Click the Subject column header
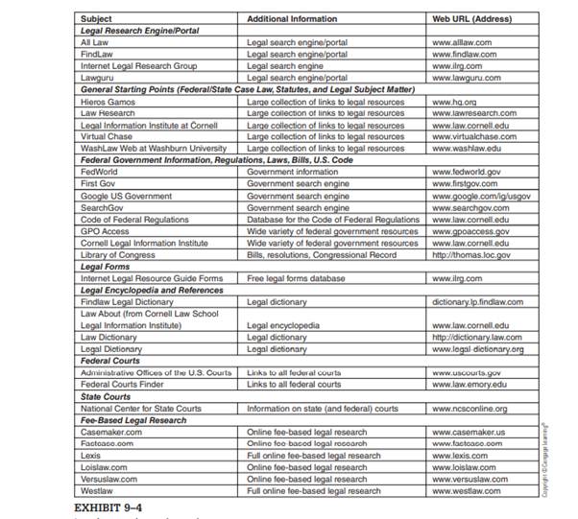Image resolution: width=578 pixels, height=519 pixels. pos(96,18)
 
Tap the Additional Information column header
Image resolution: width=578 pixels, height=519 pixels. pos(292,18)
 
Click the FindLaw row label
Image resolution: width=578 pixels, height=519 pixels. pos(98,54)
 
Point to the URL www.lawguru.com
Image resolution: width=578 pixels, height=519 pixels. pos(468,78)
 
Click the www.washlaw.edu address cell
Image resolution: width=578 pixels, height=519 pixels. pos(467,149)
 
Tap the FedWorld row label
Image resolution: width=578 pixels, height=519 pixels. pos(99,172)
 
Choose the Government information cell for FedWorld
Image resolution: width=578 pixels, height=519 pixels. pos(291,172)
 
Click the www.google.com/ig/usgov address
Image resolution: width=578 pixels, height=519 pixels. pos(480,196)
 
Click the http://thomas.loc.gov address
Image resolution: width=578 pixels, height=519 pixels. pos(472,254)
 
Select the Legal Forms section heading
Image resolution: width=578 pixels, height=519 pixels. pos(107,267)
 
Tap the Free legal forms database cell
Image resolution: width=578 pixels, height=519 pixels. pos(296,278)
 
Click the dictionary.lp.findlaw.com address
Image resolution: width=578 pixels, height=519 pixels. pos(478,302)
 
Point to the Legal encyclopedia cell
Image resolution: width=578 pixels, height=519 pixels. pos(284,325)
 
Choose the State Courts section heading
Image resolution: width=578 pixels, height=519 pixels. pos(106,396)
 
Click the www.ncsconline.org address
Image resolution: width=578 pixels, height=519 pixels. pos(470,409)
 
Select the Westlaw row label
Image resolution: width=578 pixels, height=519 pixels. pos(98,491)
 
